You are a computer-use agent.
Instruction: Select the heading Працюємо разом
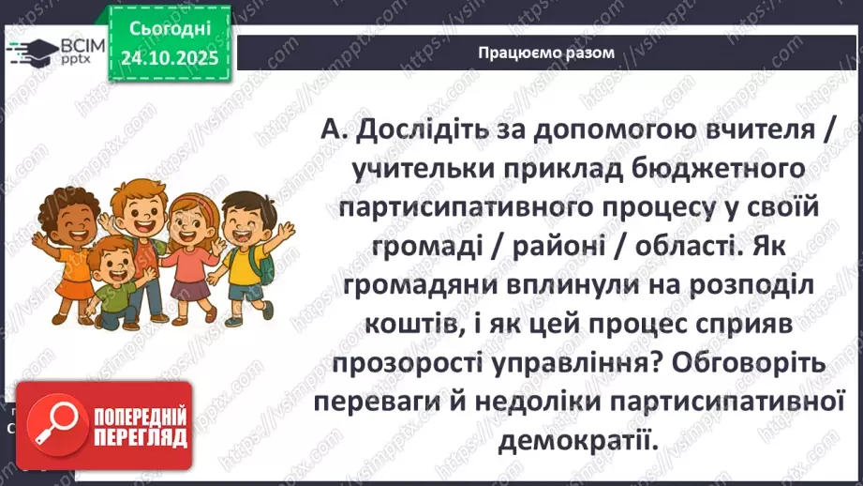tap(545, 53)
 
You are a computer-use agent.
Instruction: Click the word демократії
tap(574, 440)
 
